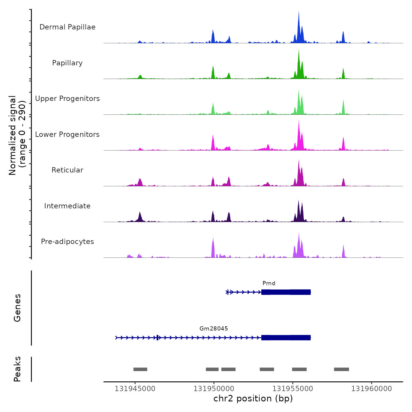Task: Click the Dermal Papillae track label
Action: pyautogui.click(x=67, y=27)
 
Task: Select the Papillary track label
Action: pyautogui.click(x=67, y=63)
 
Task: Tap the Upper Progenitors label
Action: pyautogui.click(x=67, y=99)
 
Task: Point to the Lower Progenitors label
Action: pyautogui.click(x=67, y=134)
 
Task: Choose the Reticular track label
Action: pyautogui.click(x=67, y=170)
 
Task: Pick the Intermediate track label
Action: pyautogui.click(x=67, y=206)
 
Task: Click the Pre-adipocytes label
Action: pyautogui.click(x=67, y=242)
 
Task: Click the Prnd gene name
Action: pyautogui.click(x=269, y=283)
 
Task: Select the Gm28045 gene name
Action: pyautogui.click(x=214, y=329)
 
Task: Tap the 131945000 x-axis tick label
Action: pyautogui.click(x=135, y=389)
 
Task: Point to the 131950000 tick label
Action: pyautogui.click(x=214, y=389)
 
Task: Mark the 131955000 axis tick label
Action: pyautogui.click(x=293, y=389)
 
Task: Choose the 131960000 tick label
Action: pyautogui.click(x=372, y=389)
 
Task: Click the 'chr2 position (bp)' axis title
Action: pyautogui.click(x=253, y=399)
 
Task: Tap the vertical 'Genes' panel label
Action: pyautogui.click(x=17, y=308)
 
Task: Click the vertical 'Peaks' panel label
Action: pyautogui.click(x=17, y=369)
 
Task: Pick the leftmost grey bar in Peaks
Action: pyautogui.click(x=140, y=369)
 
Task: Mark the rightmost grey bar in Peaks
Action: pyautogui.click(x=341, y=369)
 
